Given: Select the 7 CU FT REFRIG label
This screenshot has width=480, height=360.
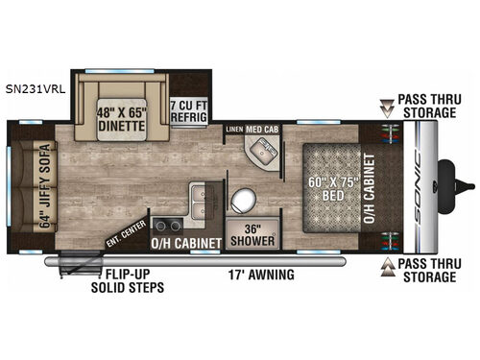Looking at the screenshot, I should point(193,110).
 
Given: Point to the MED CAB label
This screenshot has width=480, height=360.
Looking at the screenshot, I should point(264,128).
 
